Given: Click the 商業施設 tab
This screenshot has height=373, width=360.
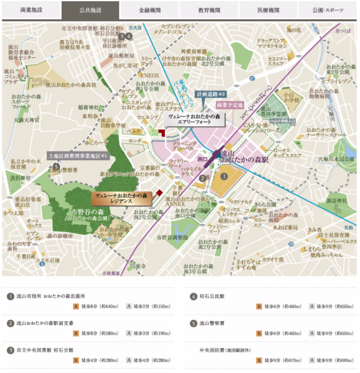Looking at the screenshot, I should (31, 10).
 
